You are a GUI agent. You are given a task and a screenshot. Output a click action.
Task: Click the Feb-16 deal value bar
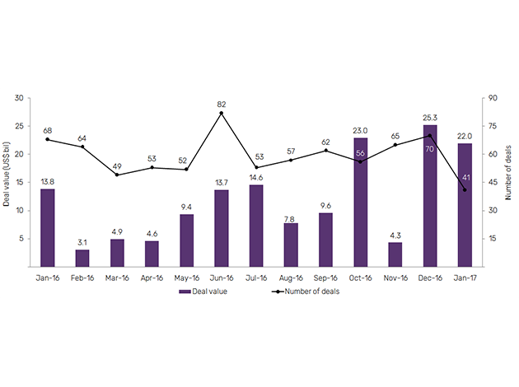(82, 258)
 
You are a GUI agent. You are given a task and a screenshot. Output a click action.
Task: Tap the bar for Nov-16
(395, 254)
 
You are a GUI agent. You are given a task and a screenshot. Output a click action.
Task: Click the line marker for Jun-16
(222, 113)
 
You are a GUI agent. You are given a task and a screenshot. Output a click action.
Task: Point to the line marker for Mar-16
(117, 175)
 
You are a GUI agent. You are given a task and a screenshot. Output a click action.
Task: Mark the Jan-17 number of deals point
(465, 190)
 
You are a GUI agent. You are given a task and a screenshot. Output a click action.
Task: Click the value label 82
(222, 103)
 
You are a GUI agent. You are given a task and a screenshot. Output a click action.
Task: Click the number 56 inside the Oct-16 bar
(361, 153)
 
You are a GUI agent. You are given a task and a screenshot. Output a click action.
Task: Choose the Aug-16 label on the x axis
(291, 278)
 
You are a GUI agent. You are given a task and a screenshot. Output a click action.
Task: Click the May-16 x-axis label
(187, 278)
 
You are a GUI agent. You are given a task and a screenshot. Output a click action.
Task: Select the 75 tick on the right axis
(493, 126)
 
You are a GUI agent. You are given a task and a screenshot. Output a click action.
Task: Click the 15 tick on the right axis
(493, 239)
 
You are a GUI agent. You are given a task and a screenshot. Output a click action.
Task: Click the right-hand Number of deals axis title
(508, 182)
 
